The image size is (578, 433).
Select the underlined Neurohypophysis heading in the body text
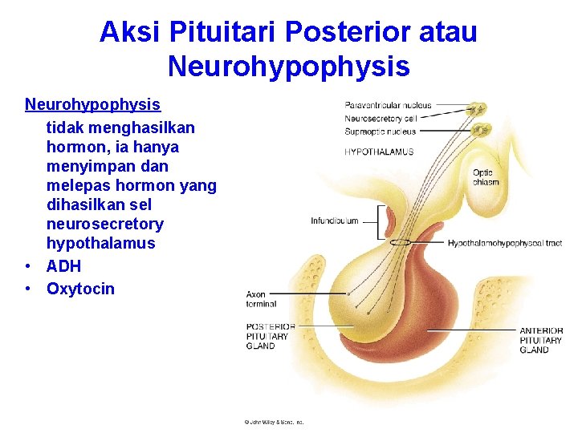(92, 105)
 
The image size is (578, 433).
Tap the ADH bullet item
(63, 266)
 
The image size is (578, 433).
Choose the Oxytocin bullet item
(80, 289)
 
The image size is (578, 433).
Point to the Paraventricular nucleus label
(388, 105)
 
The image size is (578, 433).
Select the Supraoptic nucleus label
(381, 131)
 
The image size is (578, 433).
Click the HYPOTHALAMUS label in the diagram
(379, 152)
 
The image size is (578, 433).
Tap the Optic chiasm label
(486, 177)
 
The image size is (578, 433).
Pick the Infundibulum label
(334, 221)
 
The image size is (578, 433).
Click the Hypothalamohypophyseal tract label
(504, 243)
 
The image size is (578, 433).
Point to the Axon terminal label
(261, 299)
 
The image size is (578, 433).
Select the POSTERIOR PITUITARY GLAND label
(271, 336)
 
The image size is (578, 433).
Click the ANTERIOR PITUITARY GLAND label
(540, 340)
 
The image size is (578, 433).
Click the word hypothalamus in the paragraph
(100, 243)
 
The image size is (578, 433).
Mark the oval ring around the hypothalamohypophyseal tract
(401, 241)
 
